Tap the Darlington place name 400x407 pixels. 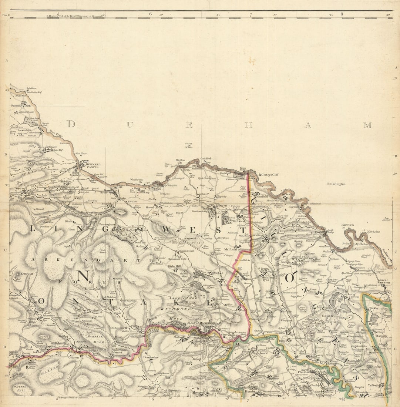pyautogui.click(x=337, y=184)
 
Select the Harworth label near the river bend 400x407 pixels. pyautogui.click(x=348, y=225)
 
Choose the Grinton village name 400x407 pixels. pyautogui.click(x=74, y=358)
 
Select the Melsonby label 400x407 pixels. pyautogui.click(x=231, y=249)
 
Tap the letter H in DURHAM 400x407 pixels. pyautogui.click(x=248, y=125)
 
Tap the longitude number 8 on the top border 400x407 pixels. pyautogui.click(x=342, y=14)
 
